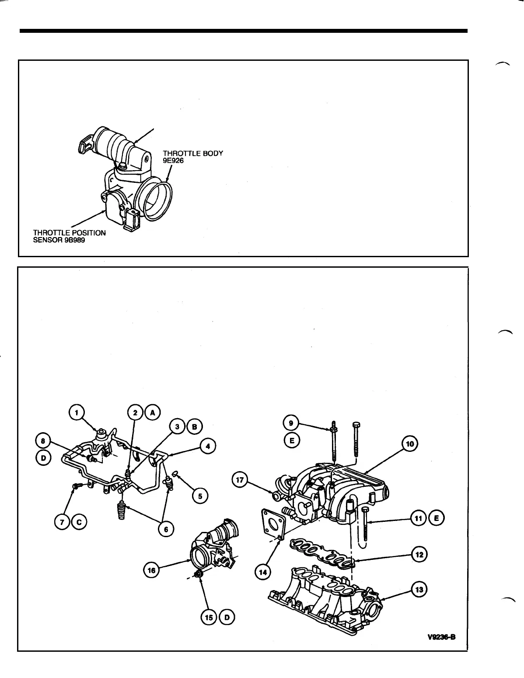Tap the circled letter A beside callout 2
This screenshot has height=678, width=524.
click(153, 412)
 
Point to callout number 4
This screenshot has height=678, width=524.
click(207, 447)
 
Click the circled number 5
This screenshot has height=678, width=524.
click(200, 496)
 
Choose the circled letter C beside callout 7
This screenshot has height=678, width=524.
click(80, 521)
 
